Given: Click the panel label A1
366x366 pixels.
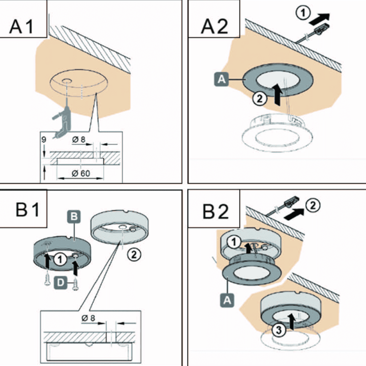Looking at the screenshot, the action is click(21, 26).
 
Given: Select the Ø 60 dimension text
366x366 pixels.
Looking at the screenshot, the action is click(81, 173).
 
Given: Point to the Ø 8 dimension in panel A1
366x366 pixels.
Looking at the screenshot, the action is click(79, 140).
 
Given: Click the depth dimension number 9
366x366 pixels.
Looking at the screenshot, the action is click(44, 140).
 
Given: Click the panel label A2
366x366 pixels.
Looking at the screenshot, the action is click(215, 26).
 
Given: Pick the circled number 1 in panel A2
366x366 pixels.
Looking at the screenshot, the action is click(303, 13).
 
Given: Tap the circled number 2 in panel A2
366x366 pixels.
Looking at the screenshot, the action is click(260, 99).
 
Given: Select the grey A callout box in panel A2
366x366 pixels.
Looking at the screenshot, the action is click(221, 79).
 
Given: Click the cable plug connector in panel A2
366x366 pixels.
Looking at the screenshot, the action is click(322, 28).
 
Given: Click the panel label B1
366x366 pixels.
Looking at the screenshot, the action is click(27, 209).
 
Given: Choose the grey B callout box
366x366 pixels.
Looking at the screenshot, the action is click(74, 217).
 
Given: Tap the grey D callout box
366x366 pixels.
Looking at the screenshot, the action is click(60, 283).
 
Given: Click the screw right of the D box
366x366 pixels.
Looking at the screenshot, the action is click(75, 284).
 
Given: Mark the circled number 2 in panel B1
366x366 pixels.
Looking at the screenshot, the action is click(134, 254).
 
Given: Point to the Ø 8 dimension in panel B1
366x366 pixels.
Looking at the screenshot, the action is click(88, 318).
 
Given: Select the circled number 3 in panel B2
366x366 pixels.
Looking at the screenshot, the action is click(279, 330).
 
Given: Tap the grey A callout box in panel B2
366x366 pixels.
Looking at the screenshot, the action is click(227, 300).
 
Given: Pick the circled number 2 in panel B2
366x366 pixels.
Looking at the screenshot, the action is click(313, 206).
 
